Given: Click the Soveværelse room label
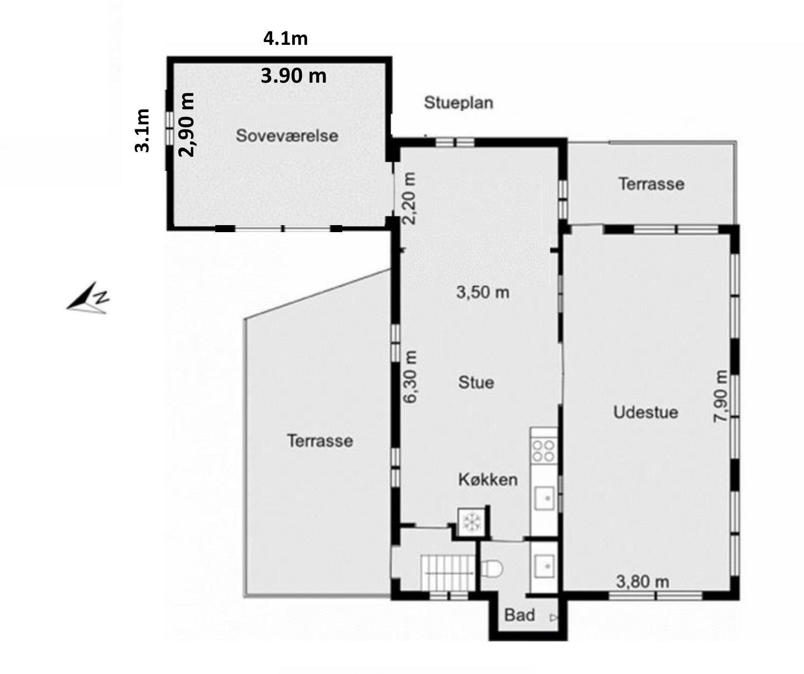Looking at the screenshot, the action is tap(287, 136).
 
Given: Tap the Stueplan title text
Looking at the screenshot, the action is tap(458, 103).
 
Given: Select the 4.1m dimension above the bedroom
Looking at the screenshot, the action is tap(286, 38).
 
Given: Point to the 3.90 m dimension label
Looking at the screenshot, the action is tap(294, 75).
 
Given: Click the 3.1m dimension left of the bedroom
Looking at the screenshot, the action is tap(142, 131).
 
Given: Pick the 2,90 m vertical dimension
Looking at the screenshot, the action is tap(187, 124).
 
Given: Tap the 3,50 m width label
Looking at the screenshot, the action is tap(483, 292).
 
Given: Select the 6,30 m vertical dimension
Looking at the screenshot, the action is tap(410, 376).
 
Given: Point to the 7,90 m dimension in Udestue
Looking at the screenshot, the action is tap(721, 397).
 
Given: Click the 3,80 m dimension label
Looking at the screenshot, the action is tap(642, 582).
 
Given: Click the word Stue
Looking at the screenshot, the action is tap(476, 383).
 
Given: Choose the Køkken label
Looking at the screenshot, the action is tap(488, 480).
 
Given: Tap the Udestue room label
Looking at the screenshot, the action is tap(646, 412).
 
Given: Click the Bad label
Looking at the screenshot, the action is tap(520, 615).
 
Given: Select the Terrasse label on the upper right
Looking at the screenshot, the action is tap(652, 184).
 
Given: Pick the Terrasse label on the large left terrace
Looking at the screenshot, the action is tap(320, 441).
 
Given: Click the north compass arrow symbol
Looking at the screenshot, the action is tap(88, 298).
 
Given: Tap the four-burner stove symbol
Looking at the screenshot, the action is tap(544, 451).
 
